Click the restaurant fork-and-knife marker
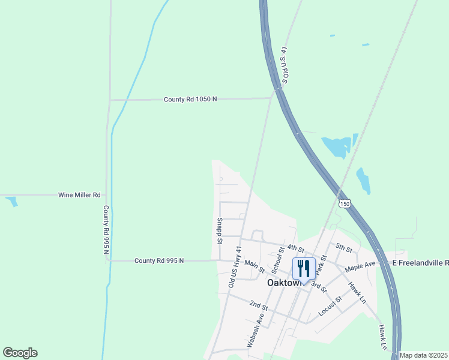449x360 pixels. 303,268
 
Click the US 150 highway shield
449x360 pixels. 344,203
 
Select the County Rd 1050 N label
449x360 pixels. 190,99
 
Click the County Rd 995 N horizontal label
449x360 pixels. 159,260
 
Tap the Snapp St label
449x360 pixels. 220,231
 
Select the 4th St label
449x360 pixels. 292,247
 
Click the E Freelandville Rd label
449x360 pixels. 420,263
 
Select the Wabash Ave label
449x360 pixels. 256,331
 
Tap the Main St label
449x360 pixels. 254,266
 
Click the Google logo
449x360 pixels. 20,353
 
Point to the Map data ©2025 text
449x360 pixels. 423,355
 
